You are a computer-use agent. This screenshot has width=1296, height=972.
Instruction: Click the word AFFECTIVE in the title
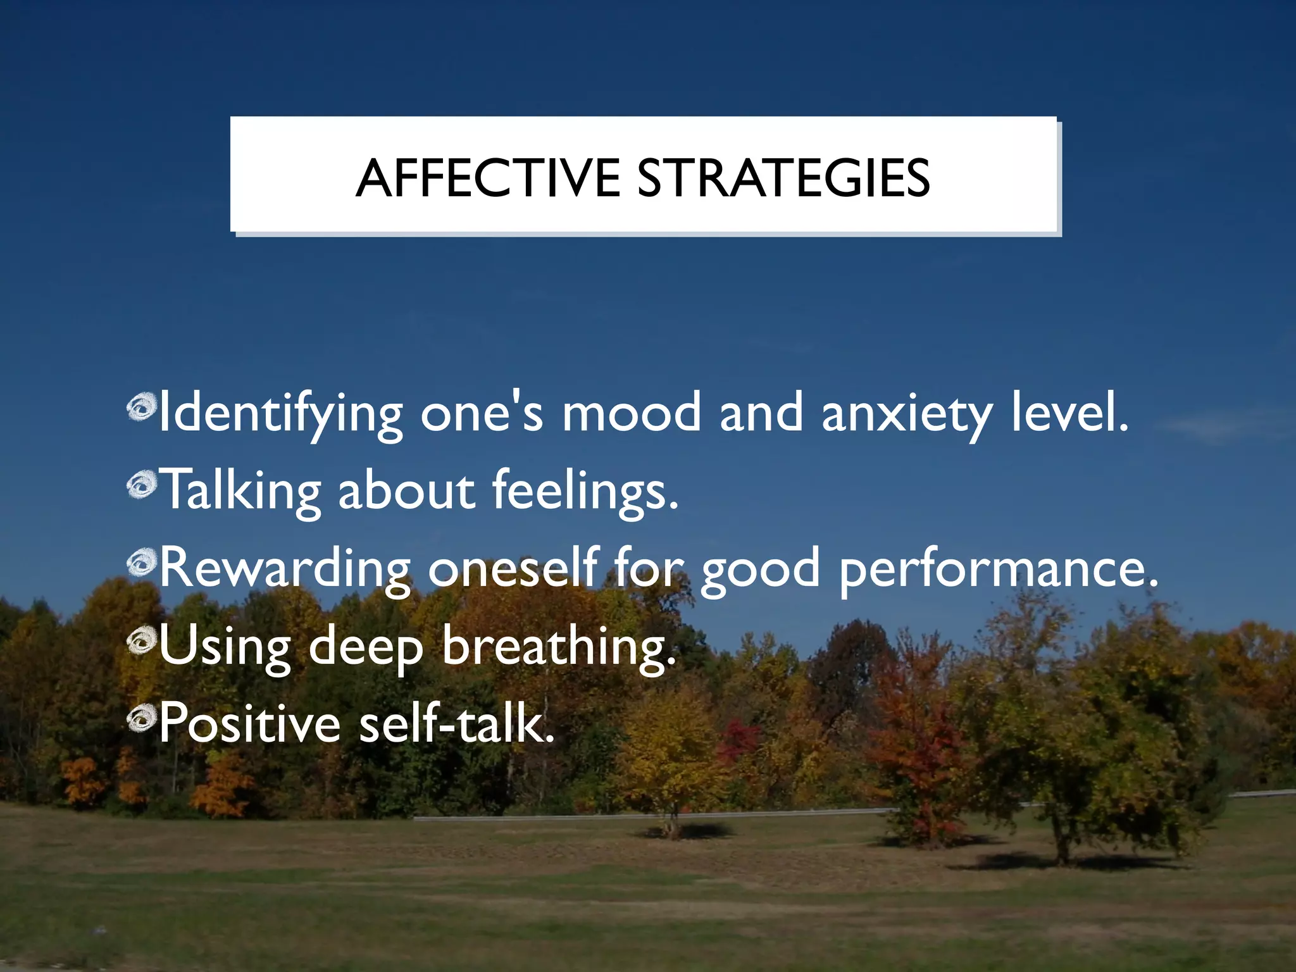[488, 178]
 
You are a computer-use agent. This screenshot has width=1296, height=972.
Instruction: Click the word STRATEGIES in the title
[783, 178]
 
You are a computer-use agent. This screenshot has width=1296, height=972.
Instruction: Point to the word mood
[632, 413]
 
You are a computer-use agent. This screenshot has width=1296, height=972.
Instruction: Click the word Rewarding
[284, 569]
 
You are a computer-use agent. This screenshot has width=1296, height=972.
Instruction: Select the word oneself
[513, 568]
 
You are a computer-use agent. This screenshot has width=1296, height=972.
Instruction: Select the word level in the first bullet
[1069, 413]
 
